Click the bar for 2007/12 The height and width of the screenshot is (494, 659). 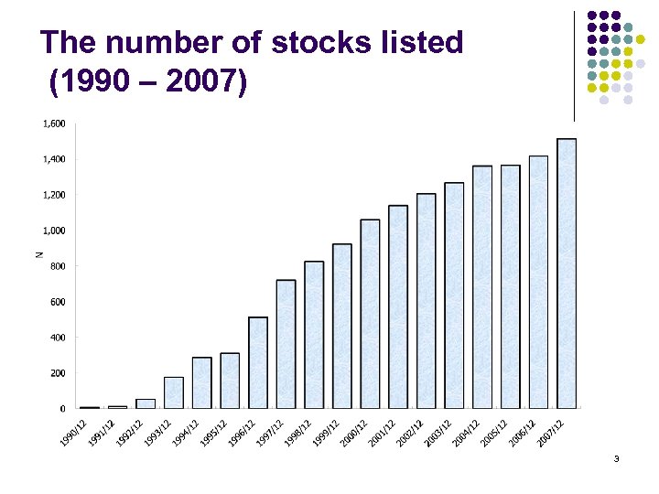[x=567, y=274]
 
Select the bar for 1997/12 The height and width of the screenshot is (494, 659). [x=286, y=344]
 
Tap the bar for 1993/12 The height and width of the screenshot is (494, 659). [x=173, y=392]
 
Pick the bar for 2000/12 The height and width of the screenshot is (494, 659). [x=370, y=314]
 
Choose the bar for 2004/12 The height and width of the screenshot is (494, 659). [x=482, y=286]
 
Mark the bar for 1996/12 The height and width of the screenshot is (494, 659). [x=257, y=362]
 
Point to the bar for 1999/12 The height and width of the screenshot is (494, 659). [x=341, y=326]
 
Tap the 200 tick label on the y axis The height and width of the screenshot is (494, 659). [x=57, y=373]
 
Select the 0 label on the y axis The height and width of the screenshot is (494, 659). [x=61, y=409]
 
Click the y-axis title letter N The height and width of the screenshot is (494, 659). [x=38, y=253]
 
